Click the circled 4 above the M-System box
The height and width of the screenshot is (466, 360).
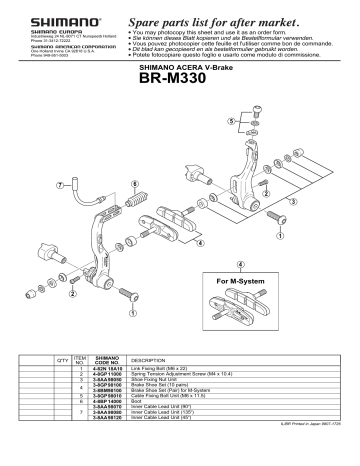coord(239,264)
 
